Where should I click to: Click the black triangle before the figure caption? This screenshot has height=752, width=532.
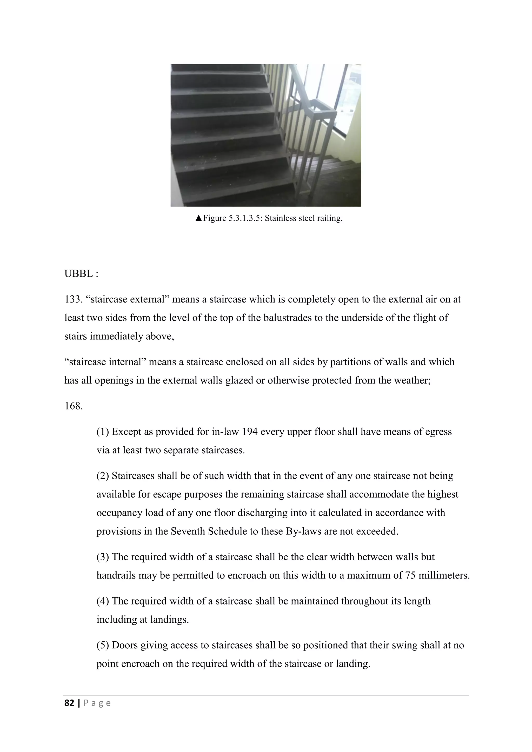click(x=198, y=218)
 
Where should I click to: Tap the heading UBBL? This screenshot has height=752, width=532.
click(x=79, y=273)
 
